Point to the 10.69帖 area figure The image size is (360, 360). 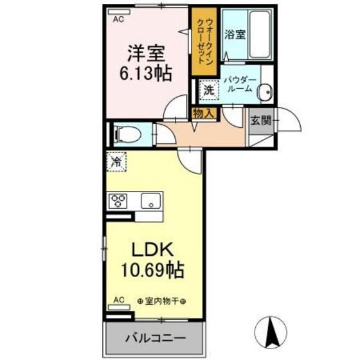tap(154, 269)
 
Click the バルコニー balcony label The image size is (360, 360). tap(155, 337)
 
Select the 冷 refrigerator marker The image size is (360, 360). tap(118, 161)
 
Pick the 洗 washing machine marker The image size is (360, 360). tap(208, 90)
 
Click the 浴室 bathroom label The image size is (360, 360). tap(235, 35)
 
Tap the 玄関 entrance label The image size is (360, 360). tap(261, 120)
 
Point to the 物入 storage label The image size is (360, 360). tap(204, 113)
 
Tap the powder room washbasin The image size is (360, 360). tap(264, 93)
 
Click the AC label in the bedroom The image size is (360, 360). tap(118, 20)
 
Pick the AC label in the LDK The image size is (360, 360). tap(119, 300)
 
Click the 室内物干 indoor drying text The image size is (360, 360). tap(161, 301)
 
